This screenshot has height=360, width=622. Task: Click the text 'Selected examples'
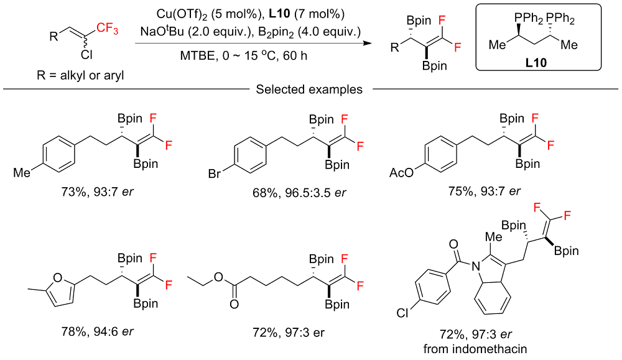click(309, 90)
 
